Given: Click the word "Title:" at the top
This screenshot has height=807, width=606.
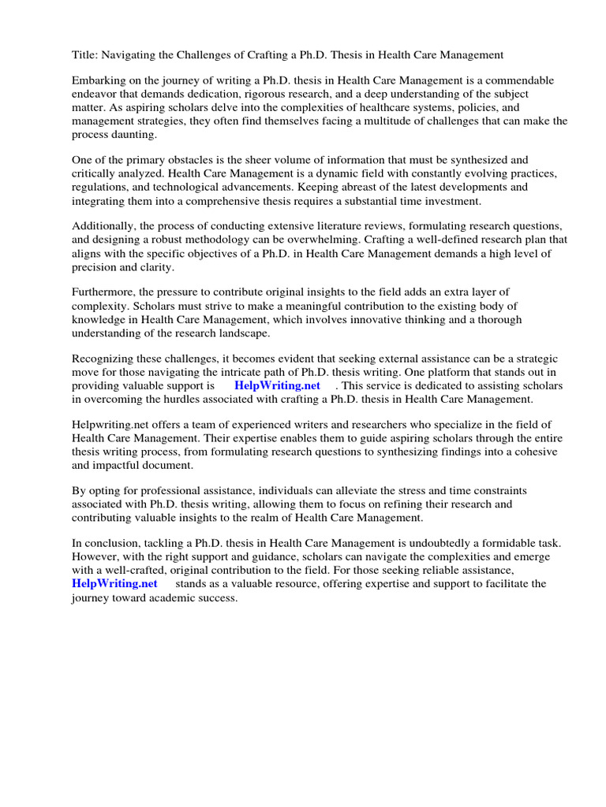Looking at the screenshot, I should pyautogui.click(x=85, y=54).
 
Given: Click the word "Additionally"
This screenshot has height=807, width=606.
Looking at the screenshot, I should pyautogui.click(x=103, y=225).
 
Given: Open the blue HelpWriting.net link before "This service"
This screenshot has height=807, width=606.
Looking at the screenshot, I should pyautogui.click(x=277, y=386).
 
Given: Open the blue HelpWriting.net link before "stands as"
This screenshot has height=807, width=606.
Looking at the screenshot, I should pyautogui.click(x=114, y=584).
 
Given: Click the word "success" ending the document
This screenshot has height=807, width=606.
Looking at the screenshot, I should pyautogui.click(x=217, y=598).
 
